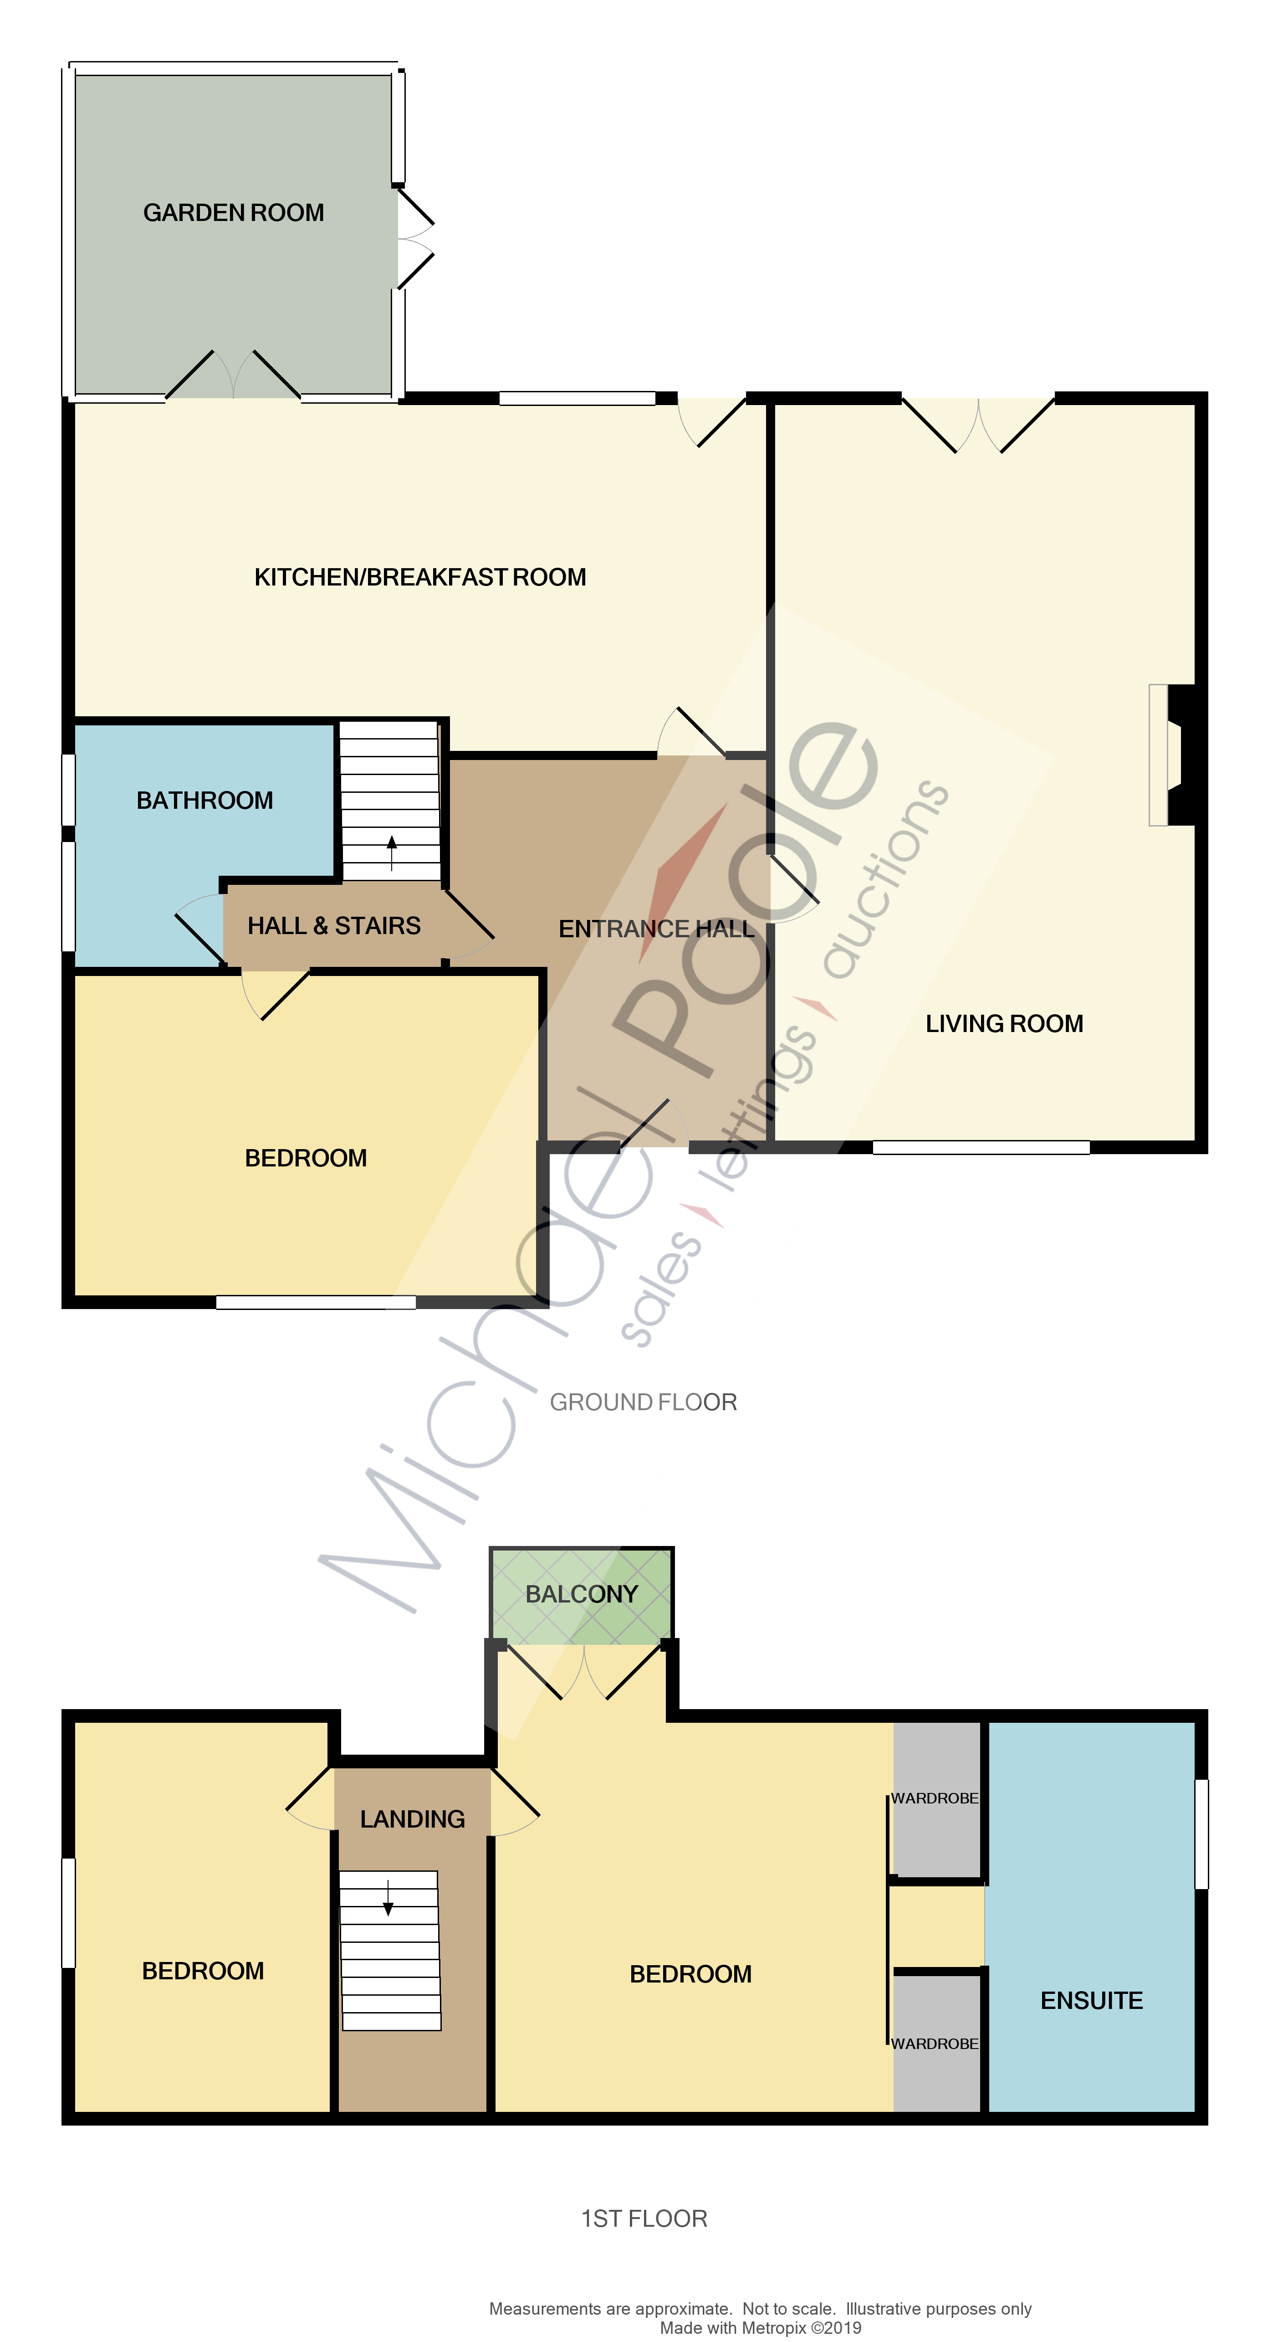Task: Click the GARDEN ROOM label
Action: (x=234, y=213)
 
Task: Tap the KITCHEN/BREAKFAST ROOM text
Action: (x=420, y=577)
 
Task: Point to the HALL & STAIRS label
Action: (x=333, y=925)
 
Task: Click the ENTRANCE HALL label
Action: (x=656, y=929)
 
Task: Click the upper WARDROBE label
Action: (x=935, y=1798)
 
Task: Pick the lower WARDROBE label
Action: (x=935, y=2044)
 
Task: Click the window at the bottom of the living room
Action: (x=981, y=1147)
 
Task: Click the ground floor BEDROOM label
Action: (x=307, y=1158)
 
